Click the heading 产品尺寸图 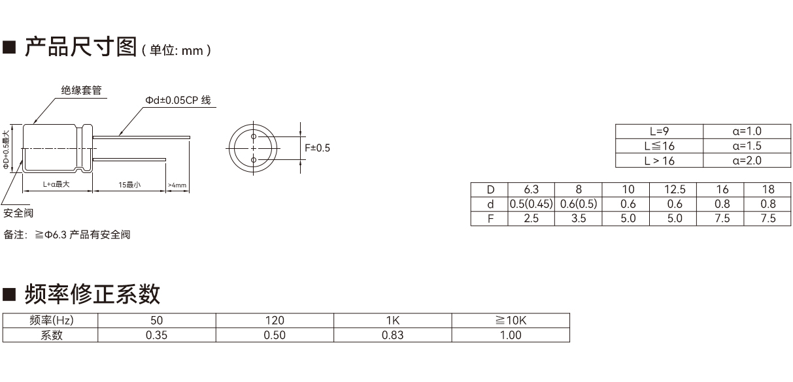(x=80, y=47)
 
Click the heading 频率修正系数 (x=92, y=294)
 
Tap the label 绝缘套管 (x=82, y=90)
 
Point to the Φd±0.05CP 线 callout (x=178, y=100)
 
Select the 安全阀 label (x=18, y=213)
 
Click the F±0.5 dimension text (x=317, y=148)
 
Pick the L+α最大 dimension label (x=56, y=184)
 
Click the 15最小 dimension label (x=129, y=185)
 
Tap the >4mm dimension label (x=177, y=185)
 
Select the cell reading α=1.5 (x=747, y=146)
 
